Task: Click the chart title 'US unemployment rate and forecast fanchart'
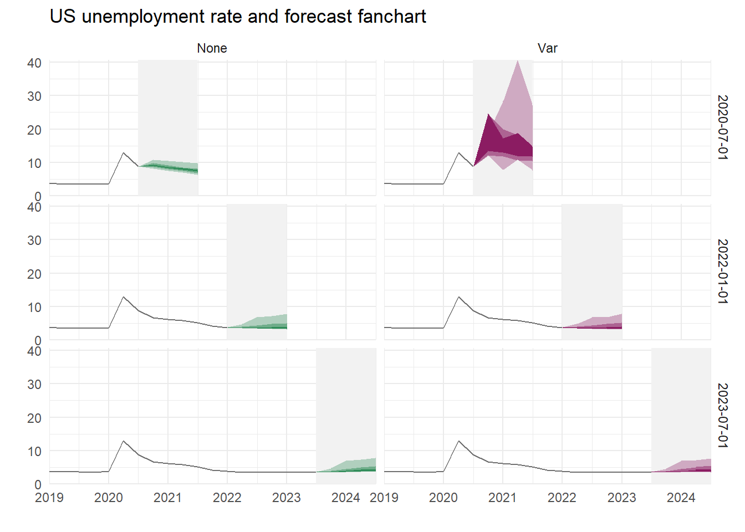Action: pyautogui.click(x=238, y=17)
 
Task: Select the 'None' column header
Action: pyautogui.click(x=212, y=48)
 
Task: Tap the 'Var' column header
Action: pyautogui.click(x=547, y=48)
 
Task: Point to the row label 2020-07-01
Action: pyautogui.click(x=722, y=127)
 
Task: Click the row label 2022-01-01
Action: pyautogui.click(x=722, y=272)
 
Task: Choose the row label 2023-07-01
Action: pyautogui.click(x=722, y=416)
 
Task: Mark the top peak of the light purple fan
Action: pyautogui.click(x=517, y=61)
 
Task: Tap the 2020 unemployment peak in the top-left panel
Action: pyautogui.click(x=124, y=153)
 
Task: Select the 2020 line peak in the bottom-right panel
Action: pyautogui.click(x=458, y=441)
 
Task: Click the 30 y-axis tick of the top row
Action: pyautogui.click(x=34, y=96)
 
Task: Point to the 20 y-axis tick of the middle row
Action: pyautogui.click(x=34, y=274)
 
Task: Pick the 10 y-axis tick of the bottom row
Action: pyautogui.click(x=34, y=451)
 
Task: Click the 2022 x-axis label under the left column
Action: pyautogui.click(x=227, y=498)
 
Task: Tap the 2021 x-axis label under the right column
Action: pyautogui.click(x=503, y=498)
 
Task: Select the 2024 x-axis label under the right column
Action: pyautogui.click(x=681, y=498)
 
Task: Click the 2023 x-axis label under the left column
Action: pyautogui.click(x=287, y=498)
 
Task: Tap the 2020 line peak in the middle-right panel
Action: pyautogui.click(x=458, y=297)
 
